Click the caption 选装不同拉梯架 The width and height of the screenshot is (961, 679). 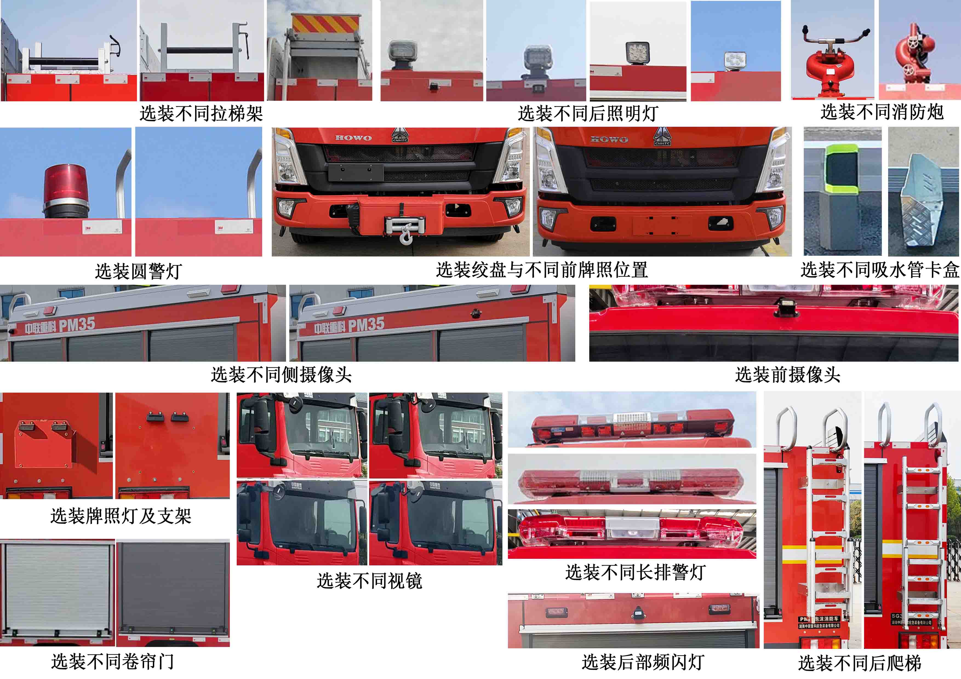201,113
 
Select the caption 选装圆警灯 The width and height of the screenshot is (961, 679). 138,271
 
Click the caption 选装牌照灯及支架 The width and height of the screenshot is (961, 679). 121,516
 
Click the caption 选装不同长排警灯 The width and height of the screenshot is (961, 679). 635,572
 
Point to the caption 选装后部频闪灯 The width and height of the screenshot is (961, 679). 642,662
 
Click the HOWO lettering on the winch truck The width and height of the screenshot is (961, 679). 353,138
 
